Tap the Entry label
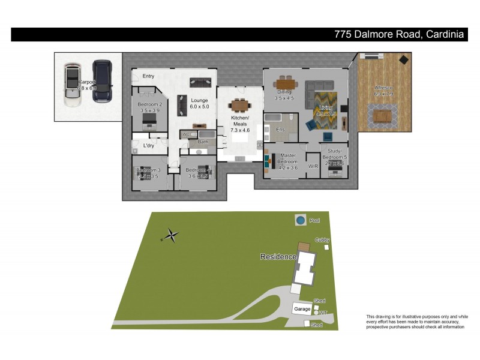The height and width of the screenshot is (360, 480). [x=148, y=76]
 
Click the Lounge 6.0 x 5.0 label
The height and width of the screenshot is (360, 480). [x=199, y=103]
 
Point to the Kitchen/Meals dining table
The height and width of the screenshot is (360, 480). [x=239, y=106]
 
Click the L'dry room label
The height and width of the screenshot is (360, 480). [x=148, y=146]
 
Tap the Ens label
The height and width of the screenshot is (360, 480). [x=280, y=128]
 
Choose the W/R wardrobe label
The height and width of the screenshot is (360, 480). [x=312, y=166]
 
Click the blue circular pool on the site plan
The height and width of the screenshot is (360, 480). [x=300, y=221]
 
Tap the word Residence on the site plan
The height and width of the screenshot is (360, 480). [x=278, y=257]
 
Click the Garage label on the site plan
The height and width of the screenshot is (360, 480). [x=302, y=309]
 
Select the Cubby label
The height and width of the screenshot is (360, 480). [x=323, y=240]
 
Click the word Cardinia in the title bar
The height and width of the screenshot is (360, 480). [x=445, y=35]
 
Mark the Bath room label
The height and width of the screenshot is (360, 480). [x=203, y=142]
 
